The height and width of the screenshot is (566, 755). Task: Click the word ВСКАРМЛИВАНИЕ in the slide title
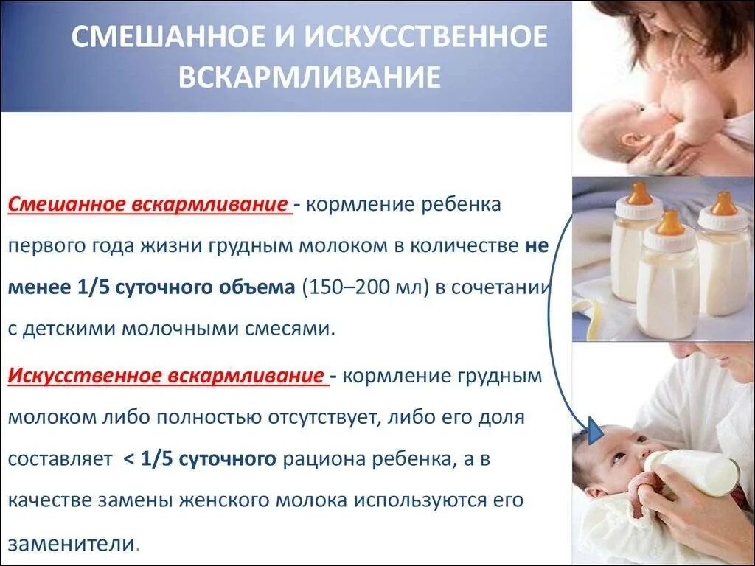310,77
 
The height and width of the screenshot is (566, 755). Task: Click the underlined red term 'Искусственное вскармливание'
167,377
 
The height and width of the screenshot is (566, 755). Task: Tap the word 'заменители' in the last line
71,544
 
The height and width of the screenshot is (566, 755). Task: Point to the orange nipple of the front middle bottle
670,222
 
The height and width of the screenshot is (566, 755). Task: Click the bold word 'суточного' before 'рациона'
237,460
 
